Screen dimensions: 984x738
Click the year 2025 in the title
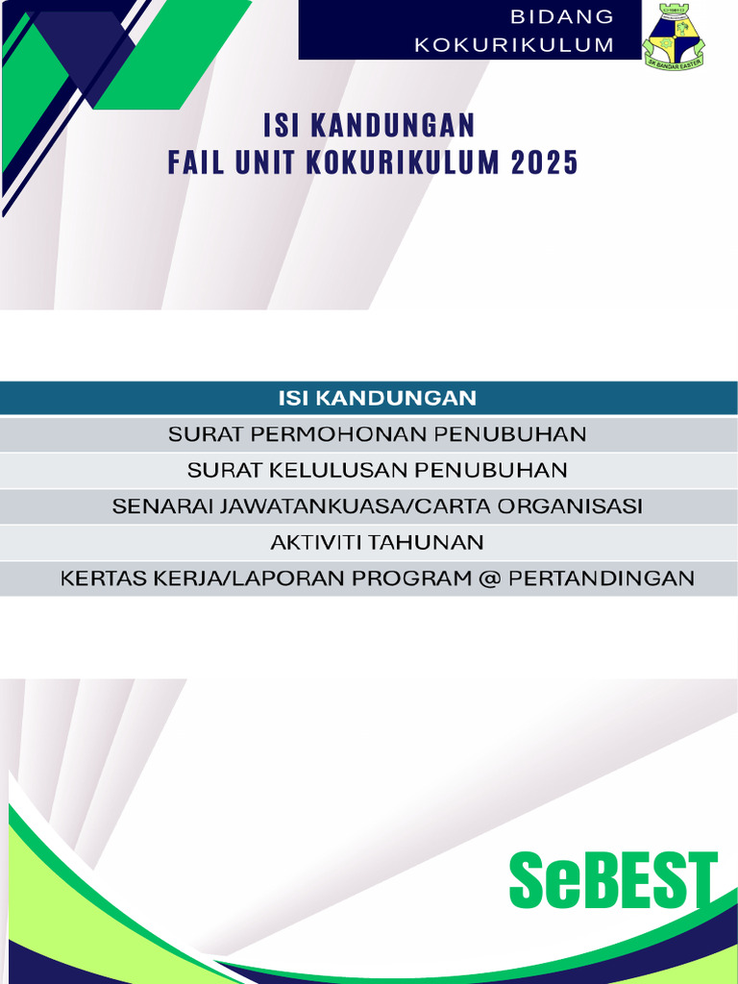coord(545,163)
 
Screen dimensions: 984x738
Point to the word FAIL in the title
coord(189,163)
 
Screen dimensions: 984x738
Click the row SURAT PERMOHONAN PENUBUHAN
coord(377,434)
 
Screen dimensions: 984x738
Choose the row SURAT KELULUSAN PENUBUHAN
coord(377,470)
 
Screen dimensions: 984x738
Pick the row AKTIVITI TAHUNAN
coord(377,542)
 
